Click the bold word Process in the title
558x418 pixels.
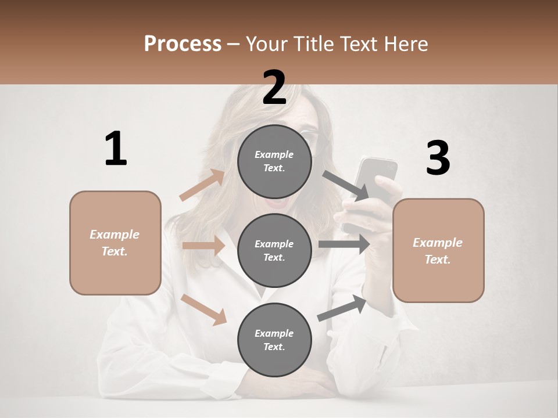[x=183, y=44]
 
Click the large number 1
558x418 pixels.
[x=116, y=149]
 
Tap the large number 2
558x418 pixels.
[x=274, y=88]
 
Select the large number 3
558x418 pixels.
[x=438, y=158]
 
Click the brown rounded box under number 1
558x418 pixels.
[x=115, y=243]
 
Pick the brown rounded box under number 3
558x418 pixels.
[x=438, y=251]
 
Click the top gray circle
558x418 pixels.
[x=274, y=161]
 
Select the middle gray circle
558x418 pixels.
[x=274, y=250]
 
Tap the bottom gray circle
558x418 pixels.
[x=274, y=340]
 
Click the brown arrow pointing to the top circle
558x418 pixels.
[x=202, y=185]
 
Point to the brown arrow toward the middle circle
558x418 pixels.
[x=203, y=246]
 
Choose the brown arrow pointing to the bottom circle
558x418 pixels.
[x=204, y=309]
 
